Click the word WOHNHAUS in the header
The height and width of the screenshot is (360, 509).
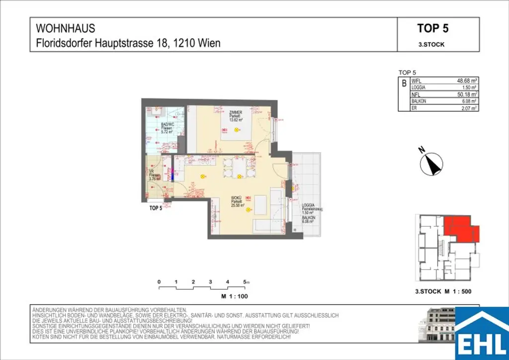(x=66, y=28)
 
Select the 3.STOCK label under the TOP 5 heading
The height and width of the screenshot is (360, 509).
(x=431, y=44)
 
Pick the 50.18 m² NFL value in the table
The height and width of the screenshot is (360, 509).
(x=467, y=94)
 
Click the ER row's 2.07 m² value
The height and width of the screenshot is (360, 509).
(x=469, y=108)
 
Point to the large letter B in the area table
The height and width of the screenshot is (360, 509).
(x=404, y=84)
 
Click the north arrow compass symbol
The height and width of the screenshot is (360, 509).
(x=431, y=164)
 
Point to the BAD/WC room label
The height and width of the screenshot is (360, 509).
(x=167, y=125)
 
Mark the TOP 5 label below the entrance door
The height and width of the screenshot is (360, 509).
(x=156, y=208)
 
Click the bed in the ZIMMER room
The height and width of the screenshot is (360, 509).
(x=234, y=127)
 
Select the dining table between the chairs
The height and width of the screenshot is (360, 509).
(x=239, y=168)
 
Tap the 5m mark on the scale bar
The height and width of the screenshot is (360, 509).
(x=246, y=282)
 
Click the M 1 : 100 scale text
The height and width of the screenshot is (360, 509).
(x=234, y=296)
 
